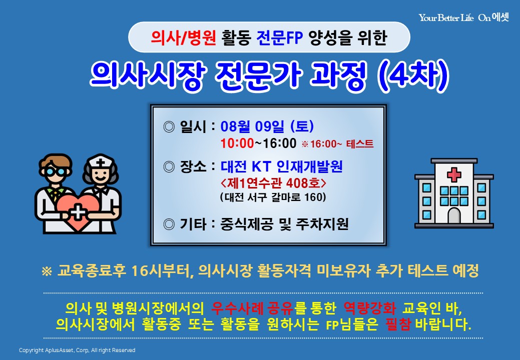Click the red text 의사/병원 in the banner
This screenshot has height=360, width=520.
pos(183,37)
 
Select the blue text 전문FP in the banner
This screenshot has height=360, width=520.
pos(280,37)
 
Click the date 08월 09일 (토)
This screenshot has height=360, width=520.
pos(267,126)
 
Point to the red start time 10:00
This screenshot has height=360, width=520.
pos(237,143)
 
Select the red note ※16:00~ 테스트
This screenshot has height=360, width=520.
pos(338,144)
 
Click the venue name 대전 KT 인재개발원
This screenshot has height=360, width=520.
pos(282,166)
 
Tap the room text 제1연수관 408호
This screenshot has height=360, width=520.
pos(273,183)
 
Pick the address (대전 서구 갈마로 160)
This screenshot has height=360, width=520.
pos(273,197)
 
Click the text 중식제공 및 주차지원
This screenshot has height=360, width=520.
pos(284,224)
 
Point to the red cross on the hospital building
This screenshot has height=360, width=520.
pos(454,175)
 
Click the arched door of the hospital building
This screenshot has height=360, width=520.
pos(454,215)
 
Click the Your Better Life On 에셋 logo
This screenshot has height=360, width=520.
pos(464,17)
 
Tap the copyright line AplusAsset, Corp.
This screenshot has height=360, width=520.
pos(77,350)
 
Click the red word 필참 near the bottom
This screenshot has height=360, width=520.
pos(398,324)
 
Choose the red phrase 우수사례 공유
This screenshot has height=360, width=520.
pos(252,308)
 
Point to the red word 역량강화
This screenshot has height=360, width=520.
pos(369,308)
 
